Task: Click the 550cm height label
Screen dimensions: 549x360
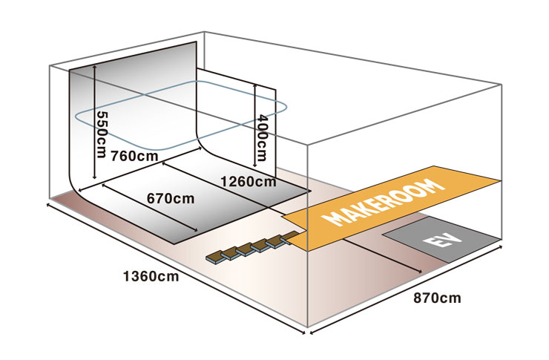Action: (102, 134)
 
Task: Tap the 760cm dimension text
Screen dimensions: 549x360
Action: (134, 156)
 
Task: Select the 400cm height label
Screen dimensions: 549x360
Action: (262, 137)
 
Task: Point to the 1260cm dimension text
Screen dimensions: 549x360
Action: (249, 182)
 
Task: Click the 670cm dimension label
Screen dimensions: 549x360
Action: (171, 199)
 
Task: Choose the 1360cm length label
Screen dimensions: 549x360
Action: (151, 277)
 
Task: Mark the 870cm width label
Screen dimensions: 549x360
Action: (437, 298)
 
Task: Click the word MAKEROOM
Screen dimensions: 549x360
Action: (384, 203)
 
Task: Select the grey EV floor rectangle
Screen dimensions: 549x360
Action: (442, 240)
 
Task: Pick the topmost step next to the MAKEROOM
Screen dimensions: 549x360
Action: (290, 237)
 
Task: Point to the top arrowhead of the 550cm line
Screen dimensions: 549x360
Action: (94, 67)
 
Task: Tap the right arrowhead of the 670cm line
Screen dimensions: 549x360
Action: (196, 230)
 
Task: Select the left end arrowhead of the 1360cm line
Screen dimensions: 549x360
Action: (48, 205)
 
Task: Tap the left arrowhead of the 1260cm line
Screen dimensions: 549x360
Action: (164, 163)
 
